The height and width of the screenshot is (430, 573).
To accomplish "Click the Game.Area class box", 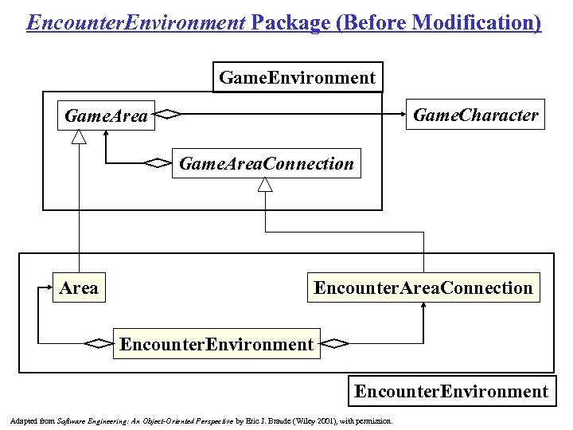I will click(x=106, y=116).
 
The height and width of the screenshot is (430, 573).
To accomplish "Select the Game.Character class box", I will click(x=476, y=115).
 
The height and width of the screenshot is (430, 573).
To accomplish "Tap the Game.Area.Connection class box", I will click(x=266, y=163).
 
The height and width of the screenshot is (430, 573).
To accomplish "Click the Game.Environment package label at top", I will click(x=297, y=77).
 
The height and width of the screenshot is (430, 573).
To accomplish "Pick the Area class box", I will click(x=78, y=287).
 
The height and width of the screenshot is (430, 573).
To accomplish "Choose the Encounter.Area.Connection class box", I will click(x=423, y=287).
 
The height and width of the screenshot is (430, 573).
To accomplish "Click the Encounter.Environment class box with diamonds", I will click(x=216, y=344).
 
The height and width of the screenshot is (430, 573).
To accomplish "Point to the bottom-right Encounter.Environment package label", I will click(x=451, y=391).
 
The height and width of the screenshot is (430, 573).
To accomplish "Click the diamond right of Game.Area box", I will click(x=169, y=115).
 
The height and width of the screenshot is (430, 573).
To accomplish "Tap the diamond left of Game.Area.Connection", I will click(x=158, y=163).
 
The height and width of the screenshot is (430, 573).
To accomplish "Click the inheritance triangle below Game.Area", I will click(x=78, y=137).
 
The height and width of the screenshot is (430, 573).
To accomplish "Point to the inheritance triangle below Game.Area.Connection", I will click(x=265, y=184).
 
